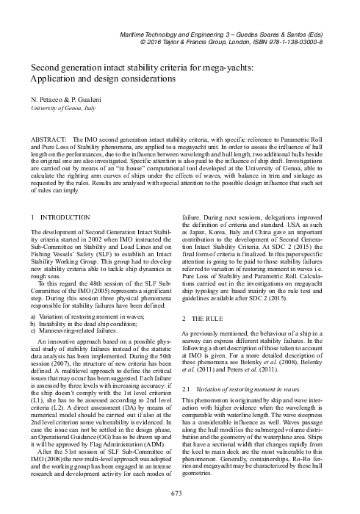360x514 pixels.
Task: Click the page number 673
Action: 180,491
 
